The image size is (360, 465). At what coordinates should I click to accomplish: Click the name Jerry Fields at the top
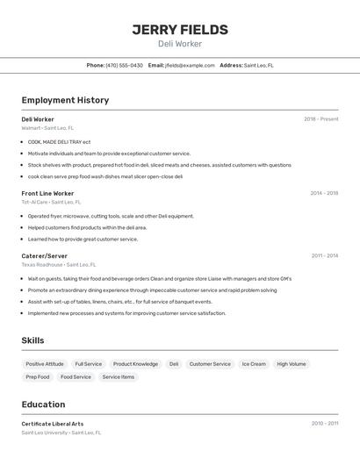click(x=180, y=30)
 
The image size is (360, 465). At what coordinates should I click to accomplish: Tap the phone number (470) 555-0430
click(x=125, y=66)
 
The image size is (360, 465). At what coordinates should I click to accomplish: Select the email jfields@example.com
click(x=190, y=66)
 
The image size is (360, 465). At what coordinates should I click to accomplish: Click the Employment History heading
click(x=65, y=100)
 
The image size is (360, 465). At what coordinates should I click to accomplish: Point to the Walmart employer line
click(x=47, y=128)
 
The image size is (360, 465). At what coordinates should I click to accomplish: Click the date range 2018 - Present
click(x=320, y=119)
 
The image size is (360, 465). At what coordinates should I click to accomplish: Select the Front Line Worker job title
click(x=47, y=193)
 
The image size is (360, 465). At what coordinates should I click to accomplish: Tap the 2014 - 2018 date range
click(x=324, y=193)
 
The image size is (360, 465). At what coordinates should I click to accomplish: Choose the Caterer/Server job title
click(x=44, y=255)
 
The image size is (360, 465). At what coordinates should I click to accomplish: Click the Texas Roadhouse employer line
click(x=58, y=264)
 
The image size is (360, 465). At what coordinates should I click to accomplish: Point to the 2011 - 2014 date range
click(x=324, y=255)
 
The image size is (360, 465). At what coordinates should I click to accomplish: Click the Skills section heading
click(x=32, y=340)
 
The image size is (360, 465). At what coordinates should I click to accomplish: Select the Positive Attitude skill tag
click(x=45, y=364)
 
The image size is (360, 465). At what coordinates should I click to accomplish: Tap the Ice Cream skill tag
click(x=254, y=364)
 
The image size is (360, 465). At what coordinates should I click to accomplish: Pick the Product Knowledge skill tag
click(x=135, y=364)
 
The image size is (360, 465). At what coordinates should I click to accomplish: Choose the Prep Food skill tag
click(x=38, y=377)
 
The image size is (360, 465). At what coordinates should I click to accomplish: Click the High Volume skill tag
click(x=292, y=364)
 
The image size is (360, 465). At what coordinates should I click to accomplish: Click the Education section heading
click(x=43, y=404)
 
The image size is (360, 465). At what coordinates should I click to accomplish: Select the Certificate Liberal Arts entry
click(x=53, y=424)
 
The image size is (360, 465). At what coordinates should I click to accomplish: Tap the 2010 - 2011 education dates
click(x=324, y=424)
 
